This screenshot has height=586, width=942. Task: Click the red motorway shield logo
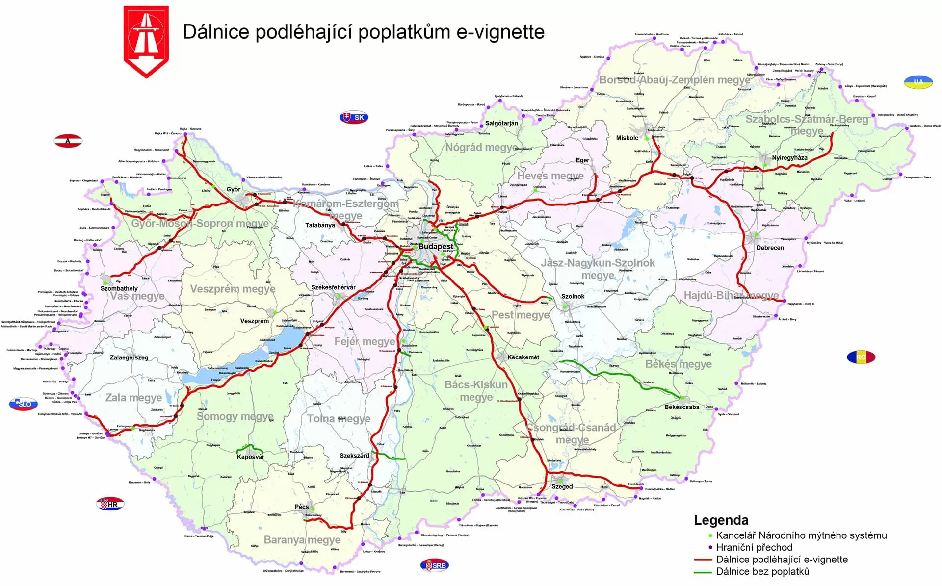click(146, 40)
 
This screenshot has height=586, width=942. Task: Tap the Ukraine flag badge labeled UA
click(918, 82)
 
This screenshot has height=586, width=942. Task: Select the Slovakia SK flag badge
click(354, 117)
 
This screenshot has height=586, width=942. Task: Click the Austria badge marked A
click(68, 141)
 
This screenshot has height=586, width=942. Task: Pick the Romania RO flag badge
click(861, 357)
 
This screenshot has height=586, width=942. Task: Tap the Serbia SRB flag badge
click(434, 565)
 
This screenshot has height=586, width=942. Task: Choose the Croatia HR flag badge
click(110, 504)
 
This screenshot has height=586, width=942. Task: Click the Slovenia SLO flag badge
click(23, 404)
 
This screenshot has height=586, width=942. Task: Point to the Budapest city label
click(435, 246)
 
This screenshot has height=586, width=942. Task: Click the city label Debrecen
click(770, 248)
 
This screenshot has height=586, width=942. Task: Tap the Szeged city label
click(562, 486)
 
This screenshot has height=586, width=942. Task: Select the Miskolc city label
click(627, 138)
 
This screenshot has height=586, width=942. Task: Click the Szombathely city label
click(119, 288)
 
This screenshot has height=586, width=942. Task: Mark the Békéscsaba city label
click(681, 407)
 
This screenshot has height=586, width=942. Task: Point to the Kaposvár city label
click(250, 457)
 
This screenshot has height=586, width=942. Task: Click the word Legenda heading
click(721, 520)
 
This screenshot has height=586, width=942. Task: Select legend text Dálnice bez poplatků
click(762, 571)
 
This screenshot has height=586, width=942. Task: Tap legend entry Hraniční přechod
click(754, 547)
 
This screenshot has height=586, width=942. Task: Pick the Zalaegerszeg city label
click(129, 357)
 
